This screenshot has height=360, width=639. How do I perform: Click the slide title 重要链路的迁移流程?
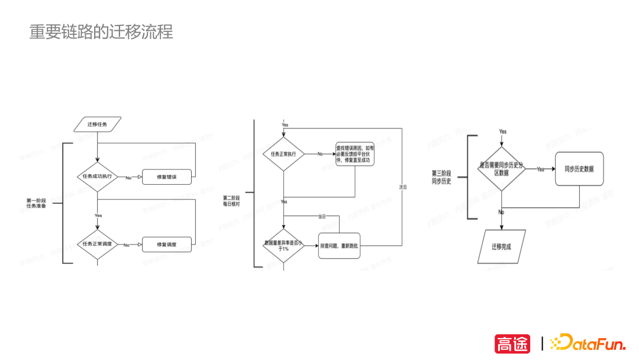101,32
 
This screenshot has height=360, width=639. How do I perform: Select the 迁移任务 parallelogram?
98,124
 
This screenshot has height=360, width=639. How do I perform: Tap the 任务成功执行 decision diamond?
98,176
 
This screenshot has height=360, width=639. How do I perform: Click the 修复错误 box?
167,177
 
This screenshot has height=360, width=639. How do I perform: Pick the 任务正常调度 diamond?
98,244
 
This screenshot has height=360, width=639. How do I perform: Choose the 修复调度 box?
167,244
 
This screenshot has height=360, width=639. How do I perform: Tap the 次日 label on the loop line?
403,187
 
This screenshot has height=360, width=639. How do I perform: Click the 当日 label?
322,217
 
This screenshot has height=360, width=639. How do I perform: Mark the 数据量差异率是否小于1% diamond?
285,246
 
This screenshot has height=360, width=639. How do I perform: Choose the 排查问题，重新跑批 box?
340,246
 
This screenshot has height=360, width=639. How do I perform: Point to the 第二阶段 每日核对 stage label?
231,200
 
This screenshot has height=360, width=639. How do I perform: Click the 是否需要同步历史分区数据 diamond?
502,169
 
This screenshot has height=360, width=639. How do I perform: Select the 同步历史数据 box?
579,169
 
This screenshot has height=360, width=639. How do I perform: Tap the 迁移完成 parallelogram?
501,246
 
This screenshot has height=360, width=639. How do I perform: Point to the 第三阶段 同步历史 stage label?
441,177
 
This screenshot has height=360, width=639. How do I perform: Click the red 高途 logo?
512,343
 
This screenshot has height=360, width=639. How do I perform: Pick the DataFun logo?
587,343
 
